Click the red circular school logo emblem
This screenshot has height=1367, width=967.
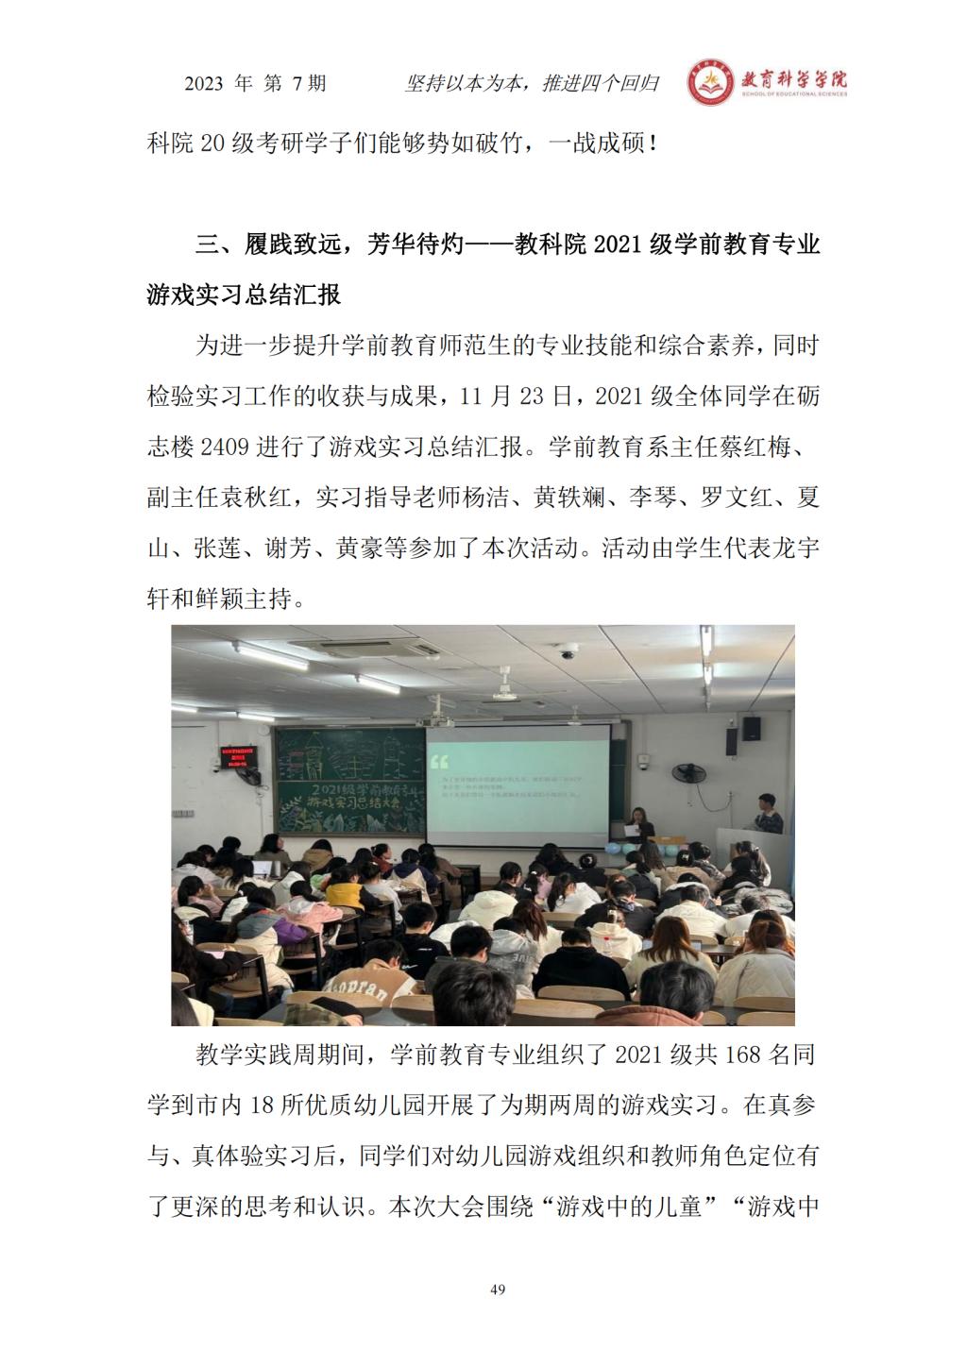pyautogui.click(x=707, y=84)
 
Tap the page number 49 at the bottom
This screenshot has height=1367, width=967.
pyautogui.click(x=499, y=1290)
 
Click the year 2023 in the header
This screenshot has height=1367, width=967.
pyautogui.click(x=204, y=84)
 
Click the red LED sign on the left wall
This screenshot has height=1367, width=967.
pyautogui.click(x=239, y=756)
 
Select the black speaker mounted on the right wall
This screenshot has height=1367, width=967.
pyautogui.click(x=751, y=729)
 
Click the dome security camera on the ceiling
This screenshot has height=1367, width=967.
pyautogui.click(x=568, y=651)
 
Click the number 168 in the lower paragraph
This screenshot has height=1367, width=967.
pyautogui.click(x=742, y=1055)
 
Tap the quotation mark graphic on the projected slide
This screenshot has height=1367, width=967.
pyautogui.click(x=438, y=760)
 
